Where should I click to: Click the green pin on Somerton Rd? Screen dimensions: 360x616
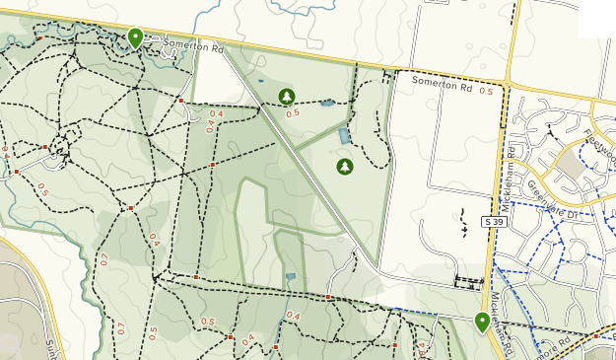(136, 37)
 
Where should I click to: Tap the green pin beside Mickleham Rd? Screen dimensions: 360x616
(482, 322)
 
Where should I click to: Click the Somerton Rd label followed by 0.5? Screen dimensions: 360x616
(442, 85)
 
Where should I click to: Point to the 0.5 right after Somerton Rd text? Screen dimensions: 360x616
(486, 91)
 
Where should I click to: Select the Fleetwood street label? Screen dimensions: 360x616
(597, 146)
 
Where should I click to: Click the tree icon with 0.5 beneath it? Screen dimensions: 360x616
(287, 96)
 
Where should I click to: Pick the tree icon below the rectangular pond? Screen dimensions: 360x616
(344, 166)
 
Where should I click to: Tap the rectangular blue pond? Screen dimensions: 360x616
(343, 136)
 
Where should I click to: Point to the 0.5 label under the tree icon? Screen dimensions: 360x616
(293, 113)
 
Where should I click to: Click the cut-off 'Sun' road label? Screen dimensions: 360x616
(50, 347)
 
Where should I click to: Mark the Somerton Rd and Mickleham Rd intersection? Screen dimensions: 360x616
(506, 87)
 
